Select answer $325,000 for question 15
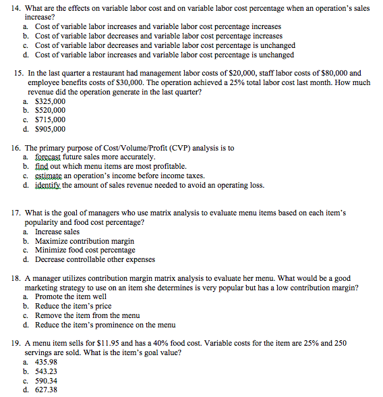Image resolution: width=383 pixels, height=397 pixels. click(x=50, y=101)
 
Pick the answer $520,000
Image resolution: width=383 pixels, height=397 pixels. click(x=50, y=110)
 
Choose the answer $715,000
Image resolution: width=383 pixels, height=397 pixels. click(x=50, y=120)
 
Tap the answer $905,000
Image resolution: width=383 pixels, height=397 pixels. click(x=50, y=129)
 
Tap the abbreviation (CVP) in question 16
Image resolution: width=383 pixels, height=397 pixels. click(x=176, y=147)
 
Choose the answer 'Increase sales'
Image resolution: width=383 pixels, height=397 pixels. click(x=57, y=232)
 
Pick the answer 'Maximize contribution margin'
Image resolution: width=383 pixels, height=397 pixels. click(x=84, y=241)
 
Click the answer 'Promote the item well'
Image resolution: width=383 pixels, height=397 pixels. click(x=71, y=296)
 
